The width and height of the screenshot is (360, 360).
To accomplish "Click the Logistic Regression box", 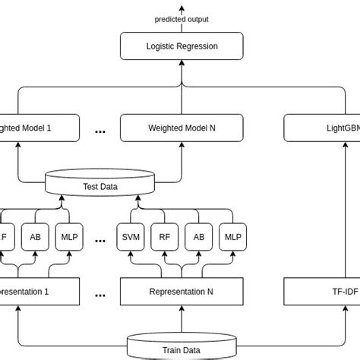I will click(x=182, y=46).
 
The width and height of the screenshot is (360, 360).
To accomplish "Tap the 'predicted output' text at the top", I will click(x=182, y=19).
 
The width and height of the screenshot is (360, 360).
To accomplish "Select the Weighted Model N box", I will click(x=182, y=128).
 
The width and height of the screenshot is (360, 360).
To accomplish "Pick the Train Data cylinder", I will click(x=182, y=349).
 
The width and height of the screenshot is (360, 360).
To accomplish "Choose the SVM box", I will click(x=131, y=237).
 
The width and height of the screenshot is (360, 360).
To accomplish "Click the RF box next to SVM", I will click(x=165, y=237).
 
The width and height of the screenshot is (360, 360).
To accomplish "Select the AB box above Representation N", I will click(x=198, y=237).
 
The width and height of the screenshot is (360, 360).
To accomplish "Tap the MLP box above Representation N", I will click(x=232, y=237).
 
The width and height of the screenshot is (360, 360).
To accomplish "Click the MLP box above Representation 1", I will click(x=68, y=237).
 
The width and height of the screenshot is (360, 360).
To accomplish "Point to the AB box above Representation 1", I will click(x=35, y=237).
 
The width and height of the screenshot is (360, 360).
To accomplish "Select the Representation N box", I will click(x=182, y=292).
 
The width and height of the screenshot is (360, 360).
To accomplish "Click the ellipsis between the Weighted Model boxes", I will click(x=100, y=131).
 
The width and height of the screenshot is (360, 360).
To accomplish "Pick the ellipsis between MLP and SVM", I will click(x=100, y=240).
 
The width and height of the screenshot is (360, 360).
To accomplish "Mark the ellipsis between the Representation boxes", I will click(x=100, y=295).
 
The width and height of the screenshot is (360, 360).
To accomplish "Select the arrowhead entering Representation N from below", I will click(x=182, y=308).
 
